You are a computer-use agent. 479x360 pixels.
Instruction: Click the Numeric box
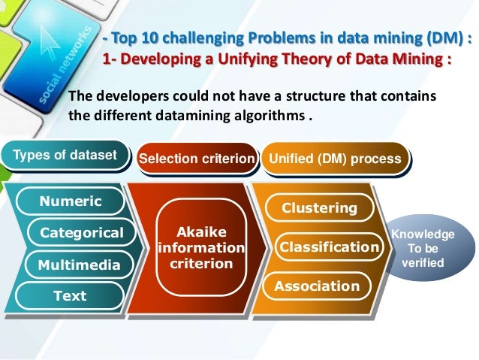[x=71, y=201]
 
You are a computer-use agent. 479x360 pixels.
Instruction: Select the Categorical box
[x=81, y=233]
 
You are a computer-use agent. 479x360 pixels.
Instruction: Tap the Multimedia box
[x=80, y=265]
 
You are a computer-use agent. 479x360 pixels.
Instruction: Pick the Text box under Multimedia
[x=70, y=296]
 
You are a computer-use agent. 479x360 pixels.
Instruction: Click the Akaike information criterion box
[x=201, y=247]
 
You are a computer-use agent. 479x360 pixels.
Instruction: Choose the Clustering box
[x=318, y=207]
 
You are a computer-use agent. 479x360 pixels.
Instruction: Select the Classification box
[x=329, y=247]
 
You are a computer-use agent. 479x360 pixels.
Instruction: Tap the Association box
[x=317, y=286]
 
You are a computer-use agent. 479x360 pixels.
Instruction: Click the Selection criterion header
[x=197, y=159]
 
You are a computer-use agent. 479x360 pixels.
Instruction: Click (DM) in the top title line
[x=431, y=38]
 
